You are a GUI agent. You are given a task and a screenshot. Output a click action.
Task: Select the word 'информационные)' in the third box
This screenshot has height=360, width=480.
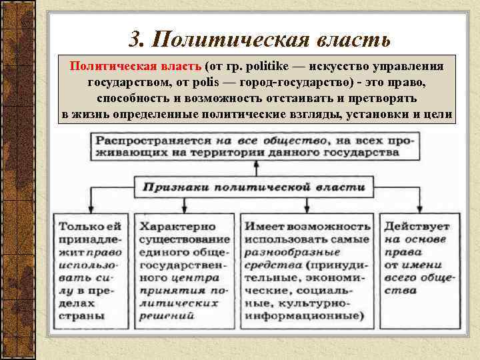(304, 316)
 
